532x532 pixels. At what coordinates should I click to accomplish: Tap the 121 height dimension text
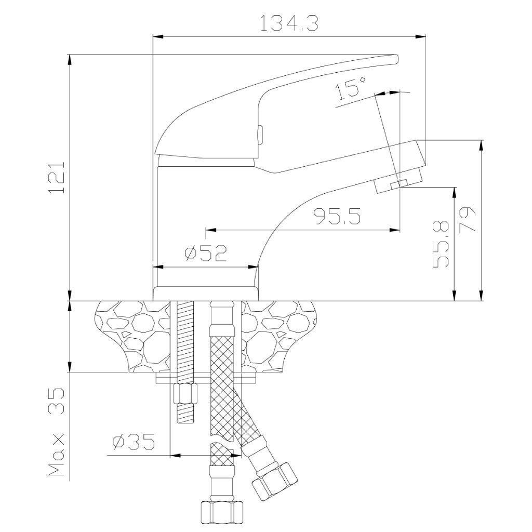pyautogui.click(x=57, y=178)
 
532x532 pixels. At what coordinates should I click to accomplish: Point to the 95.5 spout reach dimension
pyautogui.click(x=337, y=216)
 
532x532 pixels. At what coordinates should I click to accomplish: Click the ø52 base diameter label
pyautogui.click(x=206, y=253)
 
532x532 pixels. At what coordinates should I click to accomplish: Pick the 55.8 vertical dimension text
pyautogui.click(x=441, y=244)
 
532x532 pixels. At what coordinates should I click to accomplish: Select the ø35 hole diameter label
pyautogui.click(x=134, y=442)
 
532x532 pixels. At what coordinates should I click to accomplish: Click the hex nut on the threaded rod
pyautogui.click(x=185, y=393)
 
